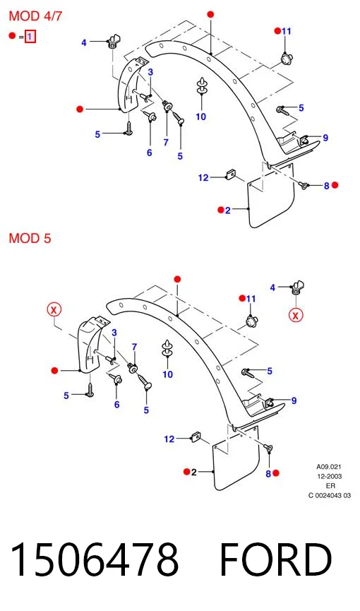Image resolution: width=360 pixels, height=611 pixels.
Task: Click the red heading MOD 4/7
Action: pyautogui.click(x=35, y=16)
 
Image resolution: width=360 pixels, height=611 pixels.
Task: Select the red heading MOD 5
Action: pyautogui.click(x=30, y=238)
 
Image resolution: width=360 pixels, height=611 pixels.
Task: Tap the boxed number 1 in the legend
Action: pyautogui.click(x=30, y=37)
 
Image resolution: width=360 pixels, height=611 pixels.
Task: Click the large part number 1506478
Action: pyautogui.click(x=95, y=559)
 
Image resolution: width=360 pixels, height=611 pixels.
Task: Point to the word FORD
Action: pyautogui.click(x=276, y=559)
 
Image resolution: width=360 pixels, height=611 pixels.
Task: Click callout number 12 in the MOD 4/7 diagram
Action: pyautogui.click(x=203, y=178)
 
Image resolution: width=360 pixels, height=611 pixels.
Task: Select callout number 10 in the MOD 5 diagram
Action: pyautogui.click(x=167, y=374)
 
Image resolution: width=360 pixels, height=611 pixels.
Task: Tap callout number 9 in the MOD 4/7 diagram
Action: pyautogui.click(x=325, y=138)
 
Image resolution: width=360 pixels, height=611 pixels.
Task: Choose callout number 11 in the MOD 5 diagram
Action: pyautogui.click(x=251, y=299)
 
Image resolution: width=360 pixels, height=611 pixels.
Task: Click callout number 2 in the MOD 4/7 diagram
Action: pyautogui.click(x=227, y=210)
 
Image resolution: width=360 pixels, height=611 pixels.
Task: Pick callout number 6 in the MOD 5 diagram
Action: pyautogui.click(x=116, y=405)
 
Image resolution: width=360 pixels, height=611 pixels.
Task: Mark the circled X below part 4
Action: pyautogui.click(x=296, y=315)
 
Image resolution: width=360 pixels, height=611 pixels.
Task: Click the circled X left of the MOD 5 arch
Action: pyautogui.click(x=54, y=310)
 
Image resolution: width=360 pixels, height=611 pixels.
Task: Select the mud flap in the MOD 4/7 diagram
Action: pyautogui.click(x=271, y=195)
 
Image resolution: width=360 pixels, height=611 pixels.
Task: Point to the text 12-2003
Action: pyautogui.click(x=329, y=476)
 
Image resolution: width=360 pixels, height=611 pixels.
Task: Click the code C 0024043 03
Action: pyautogui.click(x=329, y=496)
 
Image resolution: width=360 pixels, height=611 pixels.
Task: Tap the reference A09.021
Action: pyautogui.click(x=329, y=466)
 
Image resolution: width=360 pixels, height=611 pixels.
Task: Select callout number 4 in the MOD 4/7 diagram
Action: pyautogui.click(x=84, y=42)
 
